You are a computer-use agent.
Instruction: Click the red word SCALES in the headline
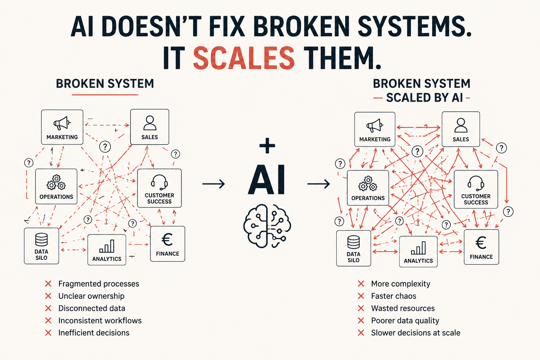pos(244,58)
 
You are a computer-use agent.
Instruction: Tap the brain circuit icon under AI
pos(267,226)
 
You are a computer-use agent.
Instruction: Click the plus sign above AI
pos(267,146)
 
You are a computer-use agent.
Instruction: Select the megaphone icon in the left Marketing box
pos(62,123)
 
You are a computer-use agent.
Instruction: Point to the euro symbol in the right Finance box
pos(481,243)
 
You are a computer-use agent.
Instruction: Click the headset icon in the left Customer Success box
pos(159,182)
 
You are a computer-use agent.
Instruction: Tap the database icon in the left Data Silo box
pos(41,239)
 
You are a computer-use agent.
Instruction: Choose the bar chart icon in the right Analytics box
pos(418,248)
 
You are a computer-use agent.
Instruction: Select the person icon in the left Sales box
pos(150,123)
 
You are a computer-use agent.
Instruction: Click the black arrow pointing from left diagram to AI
pos(214,184)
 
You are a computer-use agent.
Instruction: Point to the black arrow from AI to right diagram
pos(319,184)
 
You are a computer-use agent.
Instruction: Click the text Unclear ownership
pos(91,296)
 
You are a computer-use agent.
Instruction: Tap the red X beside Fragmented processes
pos(48,284)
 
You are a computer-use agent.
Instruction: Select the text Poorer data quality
pos(405,321)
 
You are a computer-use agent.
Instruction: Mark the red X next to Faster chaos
pos(361,296)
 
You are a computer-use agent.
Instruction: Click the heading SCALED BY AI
pos(425,98)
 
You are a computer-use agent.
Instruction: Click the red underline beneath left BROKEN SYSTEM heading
pos(105,95)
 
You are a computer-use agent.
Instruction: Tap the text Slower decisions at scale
pos(416,333)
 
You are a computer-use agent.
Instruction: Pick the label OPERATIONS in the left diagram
pos(56,197)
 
